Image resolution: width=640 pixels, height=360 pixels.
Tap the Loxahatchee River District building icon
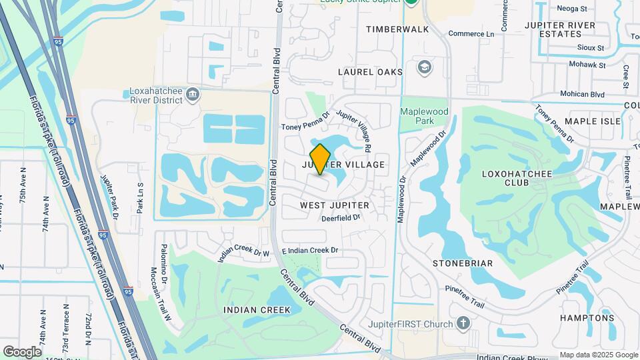pyautogui.click(x=193, y=93)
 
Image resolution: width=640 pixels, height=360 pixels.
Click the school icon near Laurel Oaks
pyautogui.click(x=425, y=67)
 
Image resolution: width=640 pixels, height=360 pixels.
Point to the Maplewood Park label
pyautogui.click(x=417, y=116)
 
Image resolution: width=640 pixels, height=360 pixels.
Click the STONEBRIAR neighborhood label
pyautogui.click(x=463, y=263)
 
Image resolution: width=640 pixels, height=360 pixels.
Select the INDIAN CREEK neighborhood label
pyautogui.click(x=257, y=310)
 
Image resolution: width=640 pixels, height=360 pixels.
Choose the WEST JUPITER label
pyautogui.click(x=344, y=205)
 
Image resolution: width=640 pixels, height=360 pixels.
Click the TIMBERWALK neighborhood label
pyautogui.click(x=398, y=30)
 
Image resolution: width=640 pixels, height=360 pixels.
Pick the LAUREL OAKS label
pyautogui.click(x=371, y=72)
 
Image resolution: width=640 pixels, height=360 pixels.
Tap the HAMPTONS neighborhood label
pyautogui.click(x=587, y=318)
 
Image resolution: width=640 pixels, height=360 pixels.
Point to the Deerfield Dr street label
pyautogui.click(x=341, y=218)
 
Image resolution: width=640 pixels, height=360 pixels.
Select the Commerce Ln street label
pyautogui.click(x=471, y=33)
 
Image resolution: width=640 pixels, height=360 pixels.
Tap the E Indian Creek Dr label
pyautogui.click(x=311, y=250)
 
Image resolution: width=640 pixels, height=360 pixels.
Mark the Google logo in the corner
pyautogui.click(x=21, y=351)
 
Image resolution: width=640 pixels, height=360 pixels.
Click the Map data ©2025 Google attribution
pyautogui.click(x=598, y=355)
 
